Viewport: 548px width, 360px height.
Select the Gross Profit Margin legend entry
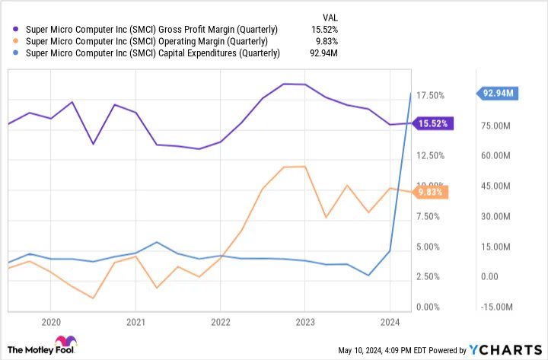pyautogui.click(x=152, y=29)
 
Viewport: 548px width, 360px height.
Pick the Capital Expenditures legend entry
pyautogui.click(x=153, y=53)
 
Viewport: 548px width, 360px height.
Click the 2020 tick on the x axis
pyautogui.click(x=50, y=321)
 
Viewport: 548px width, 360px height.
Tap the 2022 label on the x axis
pyautogui.click(x=219, y=321)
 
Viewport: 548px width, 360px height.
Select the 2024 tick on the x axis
pyautogui.click(x=388, y=321)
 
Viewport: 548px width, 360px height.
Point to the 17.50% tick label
pyautogui.click(x=430, y=95)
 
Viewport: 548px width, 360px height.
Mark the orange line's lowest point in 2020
pyautogui.click(x=92, y=298)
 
